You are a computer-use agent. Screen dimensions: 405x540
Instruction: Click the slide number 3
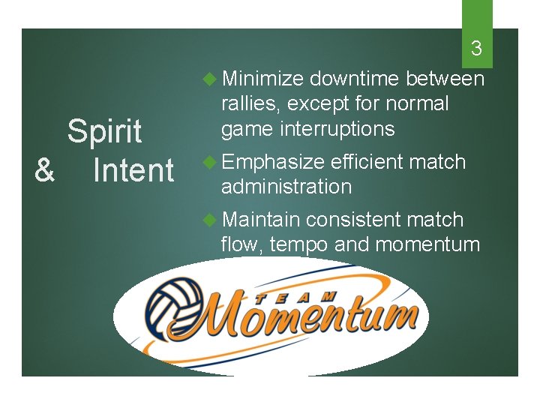(x=476, y=50)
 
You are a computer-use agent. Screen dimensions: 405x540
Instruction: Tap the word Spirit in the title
(x=104, y=131)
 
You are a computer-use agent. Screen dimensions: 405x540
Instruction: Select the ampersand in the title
(x=44, y=170)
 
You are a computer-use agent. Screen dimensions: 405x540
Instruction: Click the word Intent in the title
(x=133, y=170)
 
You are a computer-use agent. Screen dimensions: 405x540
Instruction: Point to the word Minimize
(x=262, y=79)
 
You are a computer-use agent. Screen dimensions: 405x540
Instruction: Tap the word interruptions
(x=337, y=129)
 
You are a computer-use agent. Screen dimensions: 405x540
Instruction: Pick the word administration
(x=286, y=187)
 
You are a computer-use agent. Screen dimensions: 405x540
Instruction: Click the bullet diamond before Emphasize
(x=211, y=162)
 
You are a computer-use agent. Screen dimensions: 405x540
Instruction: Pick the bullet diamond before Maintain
(x=211, y=220)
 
